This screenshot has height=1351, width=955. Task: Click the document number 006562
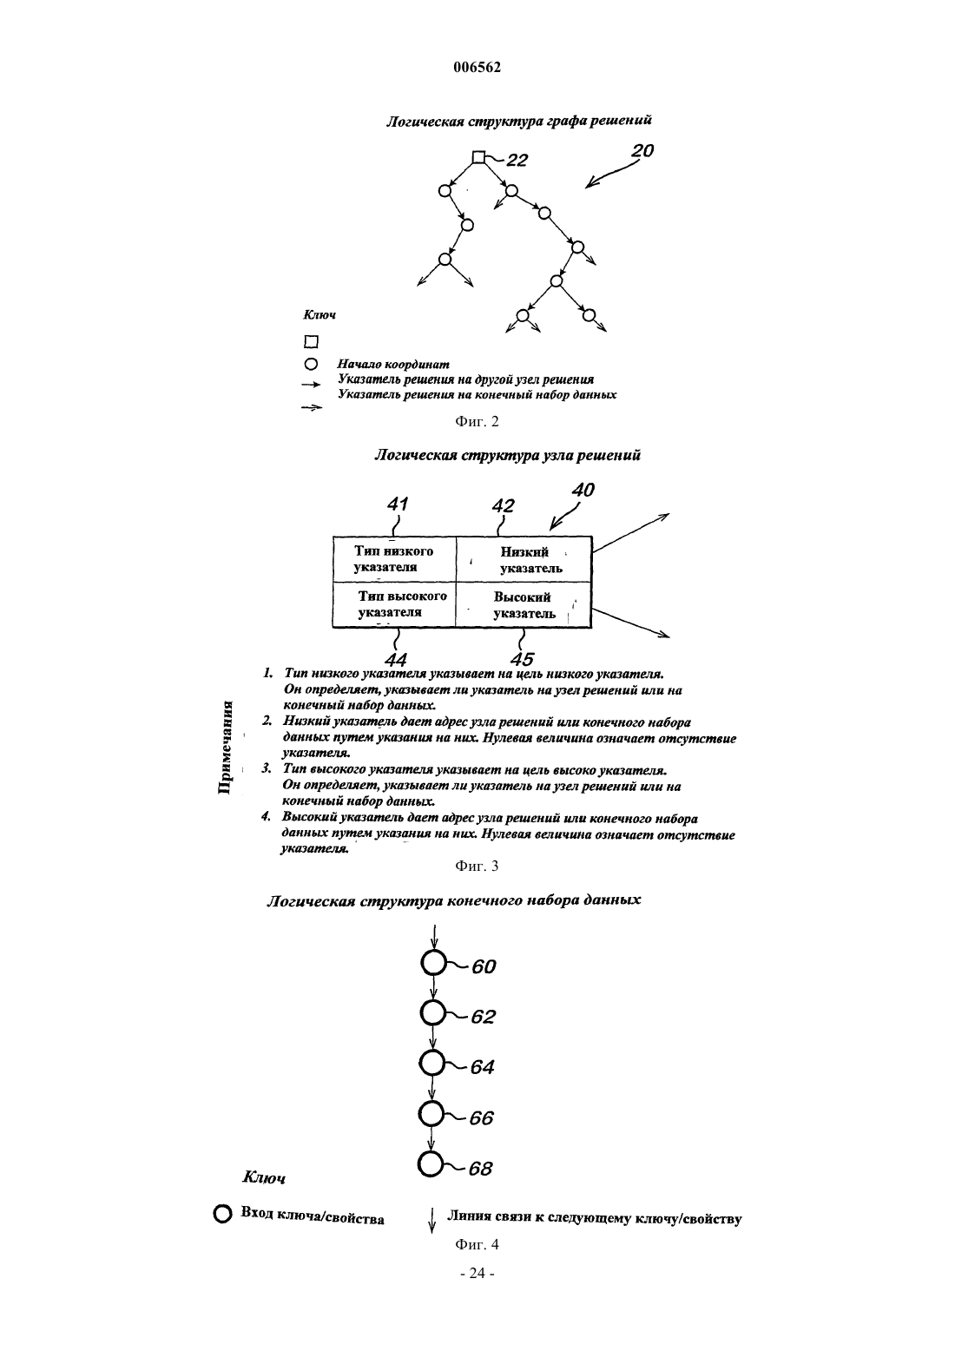pyautogui.click(x=477, y=67)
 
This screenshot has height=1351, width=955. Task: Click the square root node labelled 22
pyautogui.click(x=478, y=157)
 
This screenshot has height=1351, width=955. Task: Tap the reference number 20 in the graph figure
pyautogui.click(x=642, y=150)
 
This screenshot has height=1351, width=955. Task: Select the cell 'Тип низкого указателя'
pyautogui.click(x=394, y=559)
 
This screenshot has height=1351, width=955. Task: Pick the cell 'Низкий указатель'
pyautogui.click(x=524, y=559)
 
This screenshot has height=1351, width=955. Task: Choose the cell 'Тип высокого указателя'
pyautogui.click(x=394, y=605)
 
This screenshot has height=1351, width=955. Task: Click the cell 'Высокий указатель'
pyautogui.click(x=524, y=605)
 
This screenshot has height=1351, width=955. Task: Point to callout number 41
pyautogui.click(x=398, y=504)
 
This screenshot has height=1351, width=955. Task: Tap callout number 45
pyautogui.click(x=522, y=659)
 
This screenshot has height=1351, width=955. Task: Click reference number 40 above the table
pyautogui.click(x=583, y=490)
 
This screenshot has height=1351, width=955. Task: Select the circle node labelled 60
pyautogui.click(x=433, y=963)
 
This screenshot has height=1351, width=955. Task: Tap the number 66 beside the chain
pyautogui.click(x=482, y=1118)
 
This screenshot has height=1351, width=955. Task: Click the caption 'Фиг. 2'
pyautogui.click(x=477, y=422)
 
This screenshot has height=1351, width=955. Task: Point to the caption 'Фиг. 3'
pyautogui.click(x=477, y=867)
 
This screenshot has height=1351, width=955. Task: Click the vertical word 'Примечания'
pyautogui.click(x=225, y=748)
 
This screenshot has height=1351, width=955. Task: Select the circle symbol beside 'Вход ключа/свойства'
pyautogui.click(x=222, y=1214)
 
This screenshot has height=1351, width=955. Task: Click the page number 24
pyautogui.click(x=477, y=1273)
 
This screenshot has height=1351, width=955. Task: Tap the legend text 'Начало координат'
pyautogui.click(x=393, y=365)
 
